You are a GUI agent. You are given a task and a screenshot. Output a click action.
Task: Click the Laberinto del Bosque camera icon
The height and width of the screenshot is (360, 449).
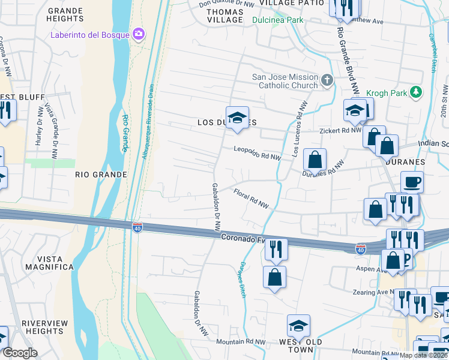point(139,34)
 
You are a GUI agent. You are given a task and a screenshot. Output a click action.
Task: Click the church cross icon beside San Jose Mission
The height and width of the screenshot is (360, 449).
point(327,80)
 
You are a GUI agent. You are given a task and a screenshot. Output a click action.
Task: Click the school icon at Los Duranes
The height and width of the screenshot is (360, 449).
point(237,116)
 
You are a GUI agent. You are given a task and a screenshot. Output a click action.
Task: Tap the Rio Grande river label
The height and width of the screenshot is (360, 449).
point(125,133)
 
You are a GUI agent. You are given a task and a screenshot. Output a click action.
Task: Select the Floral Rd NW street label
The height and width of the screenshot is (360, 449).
point(252,198)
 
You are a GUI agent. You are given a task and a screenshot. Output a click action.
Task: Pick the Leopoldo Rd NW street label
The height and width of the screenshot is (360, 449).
point(258,154)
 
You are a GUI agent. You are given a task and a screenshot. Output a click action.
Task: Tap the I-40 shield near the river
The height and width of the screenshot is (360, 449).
point(137,226)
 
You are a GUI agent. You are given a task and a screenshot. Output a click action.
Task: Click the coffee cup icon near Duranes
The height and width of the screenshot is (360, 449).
point(412,181)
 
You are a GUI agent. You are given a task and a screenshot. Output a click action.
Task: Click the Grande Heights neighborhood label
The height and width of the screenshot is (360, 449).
point(65,15)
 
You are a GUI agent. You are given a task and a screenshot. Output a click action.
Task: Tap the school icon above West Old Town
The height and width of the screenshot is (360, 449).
point(298,326)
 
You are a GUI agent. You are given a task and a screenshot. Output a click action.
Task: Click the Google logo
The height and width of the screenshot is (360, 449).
point(20,353)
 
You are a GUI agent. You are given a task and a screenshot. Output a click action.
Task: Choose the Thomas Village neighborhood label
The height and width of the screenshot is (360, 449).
point(224,16)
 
